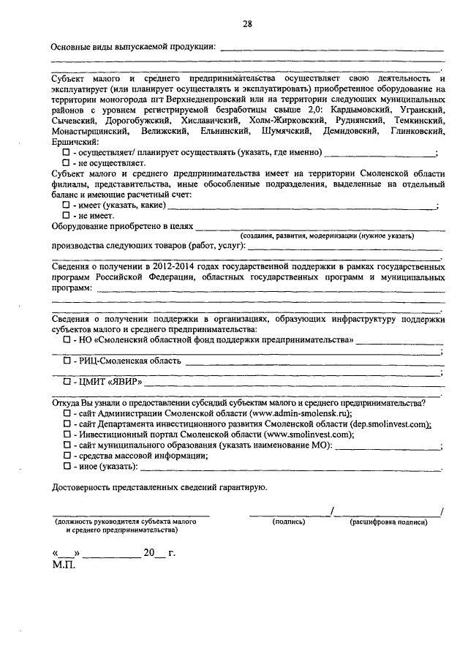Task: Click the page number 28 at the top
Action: [247, 24]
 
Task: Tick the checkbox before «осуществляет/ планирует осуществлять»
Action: [66, 152]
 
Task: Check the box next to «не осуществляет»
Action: [66, 162]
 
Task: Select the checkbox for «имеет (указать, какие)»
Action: [66, 206]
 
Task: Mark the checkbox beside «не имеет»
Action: [66, 217]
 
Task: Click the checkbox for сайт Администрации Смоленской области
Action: [66, 413]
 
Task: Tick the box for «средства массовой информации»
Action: [66, 455]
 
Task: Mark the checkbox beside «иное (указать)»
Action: [66, 465]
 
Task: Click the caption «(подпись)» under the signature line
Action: [289, 522]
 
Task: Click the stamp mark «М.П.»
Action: [64, 565]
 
